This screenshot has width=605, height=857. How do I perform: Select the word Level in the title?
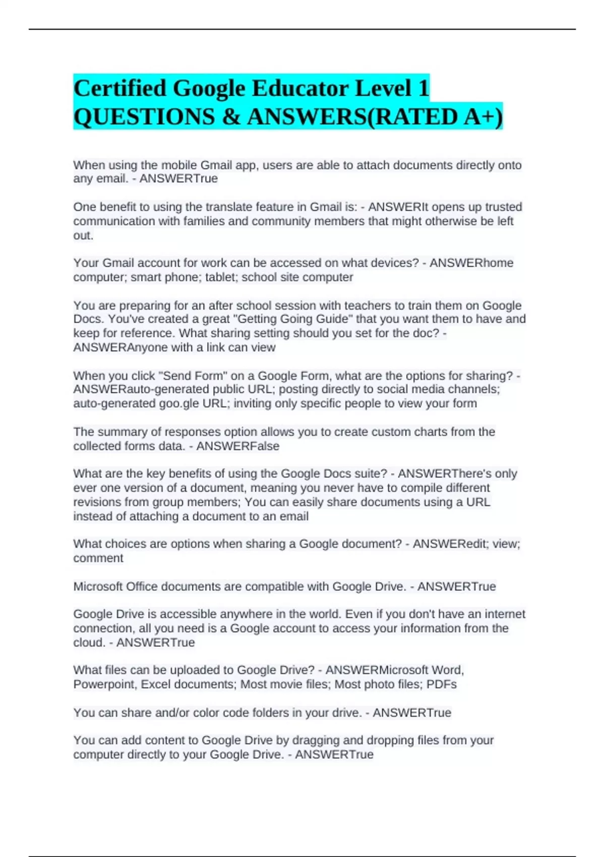coord(385,89)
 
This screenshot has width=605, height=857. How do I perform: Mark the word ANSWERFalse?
coord(237,446)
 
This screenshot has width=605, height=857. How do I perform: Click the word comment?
coord(98,558)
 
